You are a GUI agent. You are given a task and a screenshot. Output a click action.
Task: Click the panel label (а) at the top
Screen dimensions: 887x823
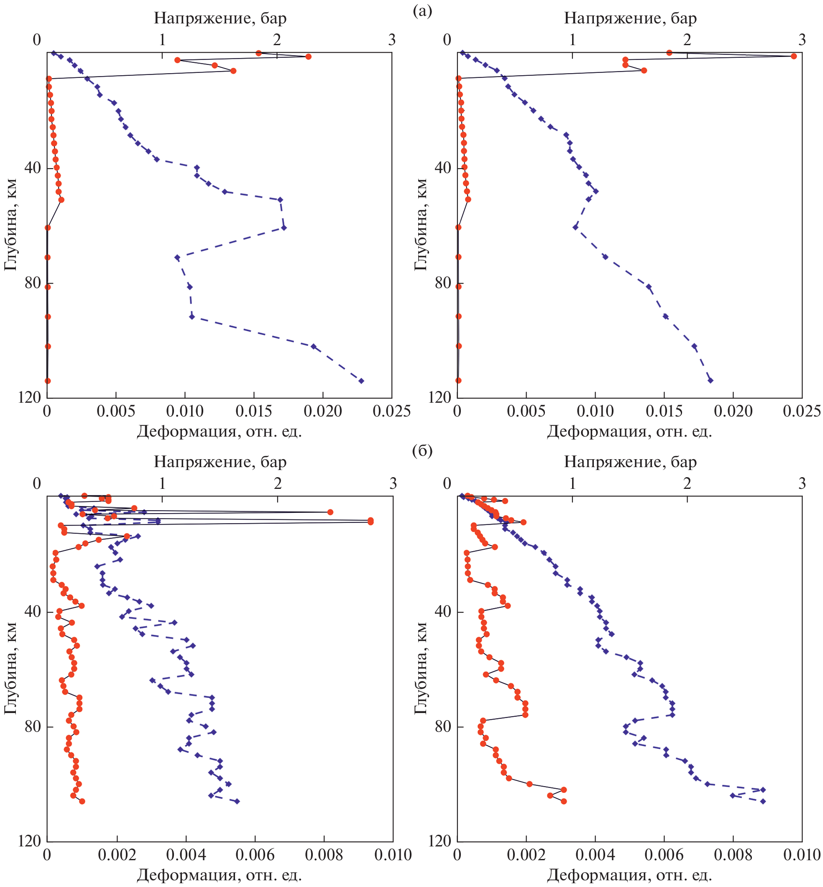422,11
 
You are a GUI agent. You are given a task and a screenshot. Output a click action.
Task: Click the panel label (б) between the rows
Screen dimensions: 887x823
422,451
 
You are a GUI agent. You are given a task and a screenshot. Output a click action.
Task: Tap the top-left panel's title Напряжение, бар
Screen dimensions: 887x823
220,18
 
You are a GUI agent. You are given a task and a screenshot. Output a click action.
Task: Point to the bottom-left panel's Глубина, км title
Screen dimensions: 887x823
10,668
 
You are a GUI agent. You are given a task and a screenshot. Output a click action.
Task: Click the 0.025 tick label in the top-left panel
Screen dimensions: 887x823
391,411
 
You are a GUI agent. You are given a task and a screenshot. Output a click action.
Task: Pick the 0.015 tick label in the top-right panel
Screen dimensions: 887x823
664,411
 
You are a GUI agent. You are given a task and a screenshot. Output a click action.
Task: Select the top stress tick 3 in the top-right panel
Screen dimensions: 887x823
802,40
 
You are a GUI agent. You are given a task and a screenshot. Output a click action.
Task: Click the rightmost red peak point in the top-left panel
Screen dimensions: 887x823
308,56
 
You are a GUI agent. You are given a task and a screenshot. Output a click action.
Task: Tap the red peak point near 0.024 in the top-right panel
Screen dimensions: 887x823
793,56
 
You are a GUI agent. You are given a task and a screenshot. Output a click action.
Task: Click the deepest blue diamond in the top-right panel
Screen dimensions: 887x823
711,380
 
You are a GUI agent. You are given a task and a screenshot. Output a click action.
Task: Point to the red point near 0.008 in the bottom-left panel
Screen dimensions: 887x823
330,512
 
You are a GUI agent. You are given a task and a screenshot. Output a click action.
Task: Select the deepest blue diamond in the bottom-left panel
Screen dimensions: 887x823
237,802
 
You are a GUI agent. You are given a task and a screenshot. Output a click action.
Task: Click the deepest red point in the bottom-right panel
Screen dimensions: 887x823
564,802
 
